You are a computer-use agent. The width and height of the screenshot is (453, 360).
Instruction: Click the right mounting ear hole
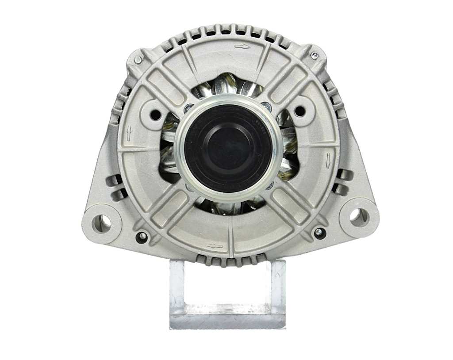tap(357, 216)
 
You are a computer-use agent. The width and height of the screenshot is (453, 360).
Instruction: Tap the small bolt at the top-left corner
tap(138, 60)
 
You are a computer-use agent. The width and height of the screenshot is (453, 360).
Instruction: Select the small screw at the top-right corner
tap(315, 55)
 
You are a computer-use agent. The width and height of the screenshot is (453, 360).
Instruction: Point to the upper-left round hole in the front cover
tap(156, 115)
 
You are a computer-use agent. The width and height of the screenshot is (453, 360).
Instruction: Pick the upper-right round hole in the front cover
tap(299, 111)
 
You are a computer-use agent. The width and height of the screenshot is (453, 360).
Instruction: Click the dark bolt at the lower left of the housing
tap(142, 237)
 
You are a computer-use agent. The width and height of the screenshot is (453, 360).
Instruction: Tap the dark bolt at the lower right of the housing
tap(319, 232)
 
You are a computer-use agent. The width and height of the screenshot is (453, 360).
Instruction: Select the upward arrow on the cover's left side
tap(129, 133)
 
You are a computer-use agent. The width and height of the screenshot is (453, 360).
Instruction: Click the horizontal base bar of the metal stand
tap(227, 320)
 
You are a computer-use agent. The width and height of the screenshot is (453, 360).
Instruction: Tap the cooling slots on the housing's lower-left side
tap(115, 186)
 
